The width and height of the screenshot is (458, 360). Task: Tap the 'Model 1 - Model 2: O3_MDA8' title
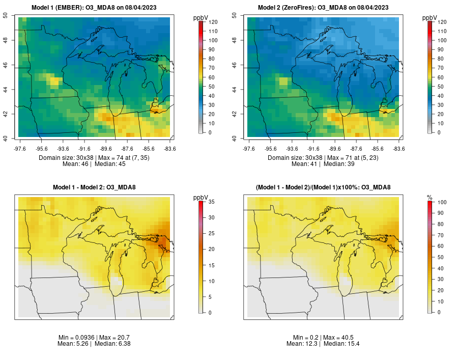tap(94, 187)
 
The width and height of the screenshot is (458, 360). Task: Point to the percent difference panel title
tap(323, 187)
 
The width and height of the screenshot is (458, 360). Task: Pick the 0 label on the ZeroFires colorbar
tap(439, 132)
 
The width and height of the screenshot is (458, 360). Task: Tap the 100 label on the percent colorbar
tap(442, 202)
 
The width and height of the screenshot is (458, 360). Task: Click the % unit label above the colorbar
tap(430, 197)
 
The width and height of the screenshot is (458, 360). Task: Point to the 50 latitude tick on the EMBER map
tap(6, 15)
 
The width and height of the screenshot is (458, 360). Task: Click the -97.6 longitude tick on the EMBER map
tap(19, 149)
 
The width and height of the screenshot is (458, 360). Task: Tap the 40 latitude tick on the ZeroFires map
tap(234, 138)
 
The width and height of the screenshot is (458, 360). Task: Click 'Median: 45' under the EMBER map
tap(110, 164)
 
